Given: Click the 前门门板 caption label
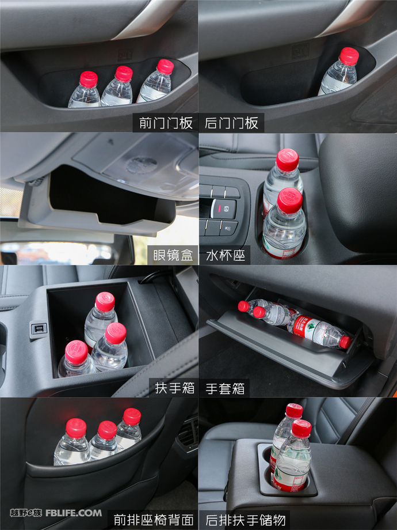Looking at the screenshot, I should (x=166, y=123).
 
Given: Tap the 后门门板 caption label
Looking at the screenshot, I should (x=231, y=123).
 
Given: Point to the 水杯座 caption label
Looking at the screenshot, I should (x=224, y=255).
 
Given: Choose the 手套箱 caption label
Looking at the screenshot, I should (x=224, y=388).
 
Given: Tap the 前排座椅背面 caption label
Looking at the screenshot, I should (x=153, y=520).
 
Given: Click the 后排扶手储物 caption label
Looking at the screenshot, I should (x=245, y=520).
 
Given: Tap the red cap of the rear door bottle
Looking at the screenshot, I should (x=349, y=55).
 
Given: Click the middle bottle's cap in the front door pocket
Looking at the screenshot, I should (x=124, y=73).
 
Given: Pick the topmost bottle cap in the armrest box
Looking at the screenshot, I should (x=105, y=301).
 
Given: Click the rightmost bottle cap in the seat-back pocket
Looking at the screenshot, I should (x=132, y=416).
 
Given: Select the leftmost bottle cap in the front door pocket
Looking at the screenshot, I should (x=88, y=79).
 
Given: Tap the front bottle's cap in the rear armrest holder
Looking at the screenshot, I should (x=301, y=428).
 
